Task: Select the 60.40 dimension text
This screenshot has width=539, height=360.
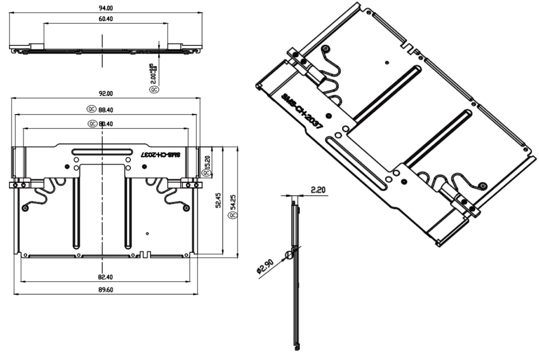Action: point(106,20)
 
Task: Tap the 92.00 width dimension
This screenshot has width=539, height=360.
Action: point(106,94)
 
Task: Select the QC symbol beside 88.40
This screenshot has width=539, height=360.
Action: point(91,109)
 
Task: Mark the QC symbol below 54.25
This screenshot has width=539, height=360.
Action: point(232,216)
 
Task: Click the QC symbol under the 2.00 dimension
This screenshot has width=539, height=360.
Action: point(154,89)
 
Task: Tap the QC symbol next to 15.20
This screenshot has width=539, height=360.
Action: point(207,173)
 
